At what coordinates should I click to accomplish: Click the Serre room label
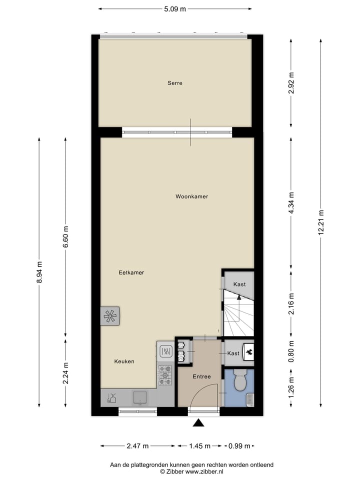pyautogui.click(x=174, y=83)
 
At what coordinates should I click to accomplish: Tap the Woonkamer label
pyautogui.click(x=191, y=196)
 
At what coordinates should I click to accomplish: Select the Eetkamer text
pyautogui.click(x=131, y=273)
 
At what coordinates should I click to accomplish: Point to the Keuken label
pyautogui.click(x=124, y=361)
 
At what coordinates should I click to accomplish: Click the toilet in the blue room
pyautogui.click(x=239, y=381)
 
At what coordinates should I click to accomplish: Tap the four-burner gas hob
pyautogui.click(x=165, y=373)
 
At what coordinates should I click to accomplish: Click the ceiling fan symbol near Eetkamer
pyautogui.click(x=110, y=316)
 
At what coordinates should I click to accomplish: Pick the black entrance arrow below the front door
pyautogui.click(x=199, y=423)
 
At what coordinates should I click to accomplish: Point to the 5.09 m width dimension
pyautogui.click(x=175, y=8)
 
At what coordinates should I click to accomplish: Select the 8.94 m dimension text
pyautogui.click(x=39, y=272)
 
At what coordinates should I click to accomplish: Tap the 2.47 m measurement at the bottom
pyautogui.click(x=137, y=446)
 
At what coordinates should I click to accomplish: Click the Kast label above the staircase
pyautogui.click(x=239, y=284)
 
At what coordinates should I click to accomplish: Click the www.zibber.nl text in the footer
pyautogui.click(x=204, y=471)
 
